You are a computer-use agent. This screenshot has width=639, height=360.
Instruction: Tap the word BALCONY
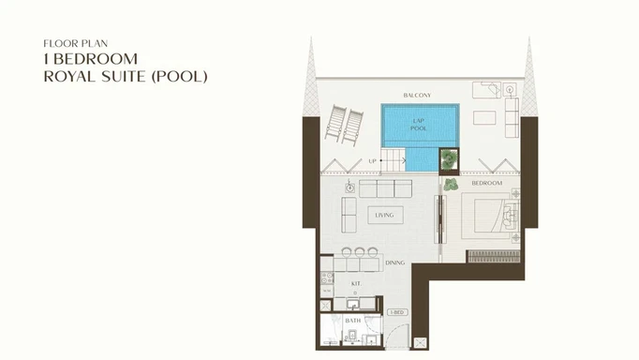417,96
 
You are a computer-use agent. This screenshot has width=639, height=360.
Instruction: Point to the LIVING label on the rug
384,216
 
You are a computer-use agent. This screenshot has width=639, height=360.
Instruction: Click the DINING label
394,262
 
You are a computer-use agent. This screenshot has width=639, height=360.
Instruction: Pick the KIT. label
356,282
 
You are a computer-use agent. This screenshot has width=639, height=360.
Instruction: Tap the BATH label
352,321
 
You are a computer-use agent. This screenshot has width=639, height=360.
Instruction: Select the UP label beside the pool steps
372,161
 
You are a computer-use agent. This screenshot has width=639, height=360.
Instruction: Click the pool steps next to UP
394,160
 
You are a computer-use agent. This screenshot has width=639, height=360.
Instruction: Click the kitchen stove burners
327,277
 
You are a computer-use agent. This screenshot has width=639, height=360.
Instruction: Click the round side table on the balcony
509,90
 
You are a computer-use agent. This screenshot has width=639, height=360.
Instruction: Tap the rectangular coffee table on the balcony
483,117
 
